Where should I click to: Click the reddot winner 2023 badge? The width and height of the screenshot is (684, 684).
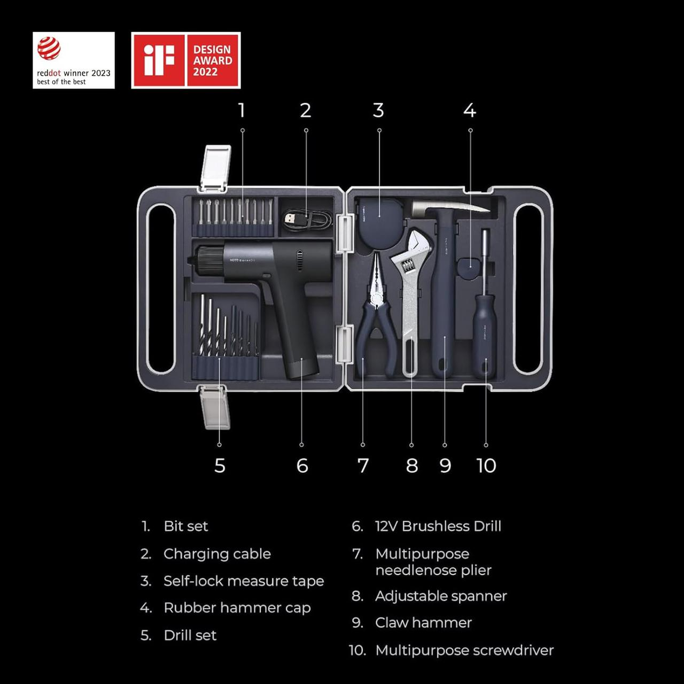point(74,60)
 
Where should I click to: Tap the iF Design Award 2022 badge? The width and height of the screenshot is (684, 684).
point(186,60)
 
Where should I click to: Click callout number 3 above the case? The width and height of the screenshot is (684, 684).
point(378,111)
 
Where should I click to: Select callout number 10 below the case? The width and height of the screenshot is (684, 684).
point(486,465)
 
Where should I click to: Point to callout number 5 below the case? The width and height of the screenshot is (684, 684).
point(220,465)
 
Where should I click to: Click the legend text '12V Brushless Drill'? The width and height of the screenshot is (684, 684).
point(438,526)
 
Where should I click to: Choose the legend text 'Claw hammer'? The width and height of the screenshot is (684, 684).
point(423,623)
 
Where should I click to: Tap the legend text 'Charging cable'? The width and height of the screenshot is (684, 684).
point(217,554)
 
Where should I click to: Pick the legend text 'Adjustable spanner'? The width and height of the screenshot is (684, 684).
point(441,596)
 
